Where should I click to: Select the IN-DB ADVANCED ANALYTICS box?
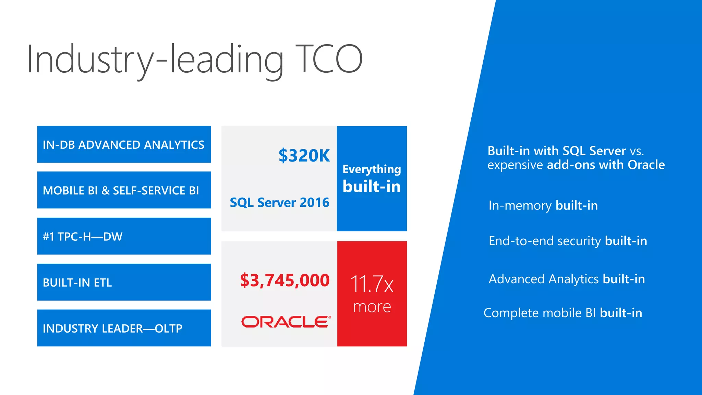point(124,144)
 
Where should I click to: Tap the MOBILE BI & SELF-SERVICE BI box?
point(124,190)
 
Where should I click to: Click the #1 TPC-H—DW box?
point(124,236)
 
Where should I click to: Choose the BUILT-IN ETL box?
point(124,282)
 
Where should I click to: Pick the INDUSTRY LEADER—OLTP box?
point(124,328)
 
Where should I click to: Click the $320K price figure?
point(304,156)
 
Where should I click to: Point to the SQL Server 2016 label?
point(279,202)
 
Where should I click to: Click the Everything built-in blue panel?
point(372,179)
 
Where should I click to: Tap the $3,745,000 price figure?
point(285,280)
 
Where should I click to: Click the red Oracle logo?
point(286,322)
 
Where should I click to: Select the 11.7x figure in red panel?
point(372,284)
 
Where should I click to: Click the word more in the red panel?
point(372,307)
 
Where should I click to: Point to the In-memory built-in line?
point(543,205)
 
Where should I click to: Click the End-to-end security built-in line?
point(568,241)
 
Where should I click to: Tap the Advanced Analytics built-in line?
point(567,279)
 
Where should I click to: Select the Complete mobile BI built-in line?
point(562,313)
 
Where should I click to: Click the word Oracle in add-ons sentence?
point(646,165)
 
